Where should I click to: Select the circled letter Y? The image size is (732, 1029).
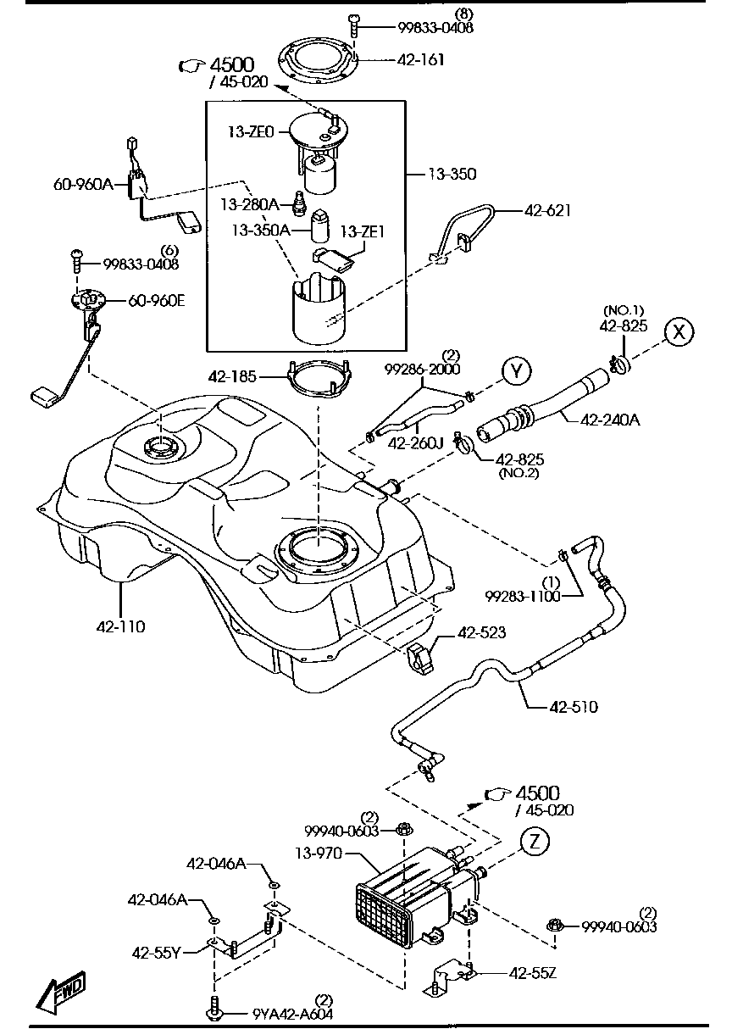click(x=516, y=370)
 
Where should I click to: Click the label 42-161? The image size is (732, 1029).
click(x=420, y=60)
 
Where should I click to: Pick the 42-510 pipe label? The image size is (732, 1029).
click(x=574, y=706)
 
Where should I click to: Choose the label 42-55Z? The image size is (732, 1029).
click(x=532, y=972)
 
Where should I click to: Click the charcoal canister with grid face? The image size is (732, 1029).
click(x=398, y=903)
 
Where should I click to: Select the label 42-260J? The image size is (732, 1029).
click(x=416, y=442)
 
